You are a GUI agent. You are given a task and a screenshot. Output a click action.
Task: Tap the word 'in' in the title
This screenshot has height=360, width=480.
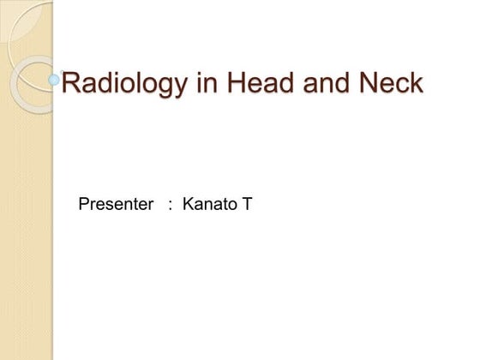pos(197,84)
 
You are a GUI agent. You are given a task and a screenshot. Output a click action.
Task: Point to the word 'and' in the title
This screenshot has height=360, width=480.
pos(318,84)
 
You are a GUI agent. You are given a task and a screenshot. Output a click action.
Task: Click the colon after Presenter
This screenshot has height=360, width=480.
pos(171,206)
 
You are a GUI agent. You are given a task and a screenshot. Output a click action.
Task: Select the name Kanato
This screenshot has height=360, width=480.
pos(209,205)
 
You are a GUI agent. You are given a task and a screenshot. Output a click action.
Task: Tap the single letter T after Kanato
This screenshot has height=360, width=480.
pos(247,205)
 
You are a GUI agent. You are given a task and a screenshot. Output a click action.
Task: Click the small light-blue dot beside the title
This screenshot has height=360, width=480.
pos(55,80)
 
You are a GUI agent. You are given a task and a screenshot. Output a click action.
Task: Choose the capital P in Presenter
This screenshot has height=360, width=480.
pos(83,205)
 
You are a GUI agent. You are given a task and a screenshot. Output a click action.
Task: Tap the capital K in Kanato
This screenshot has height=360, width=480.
pos(189,205)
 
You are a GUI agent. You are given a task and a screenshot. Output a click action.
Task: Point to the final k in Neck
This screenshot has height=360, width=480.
pos(416,84)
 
